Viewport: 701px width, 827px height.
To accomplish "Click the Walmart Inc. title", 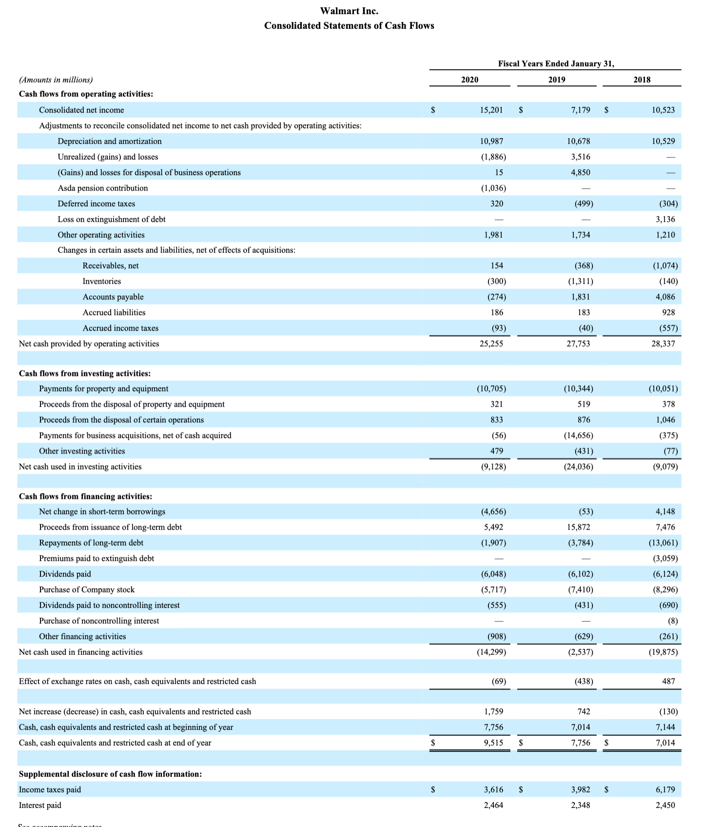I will click(349, 11).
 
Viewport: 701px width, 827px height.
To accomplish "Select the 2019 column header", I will click(556, 79).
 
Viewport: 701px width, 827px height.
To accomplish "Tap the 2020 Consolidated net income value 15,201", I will click(491, 110).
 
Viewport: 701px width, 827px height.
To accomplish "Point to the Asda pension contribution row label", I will click(102, 188).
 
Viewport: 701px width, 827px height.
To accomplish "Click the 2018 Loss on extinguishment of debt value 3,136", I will click(665, 219).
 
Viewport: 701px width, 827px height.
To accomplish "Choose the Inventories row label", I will click(101, 281).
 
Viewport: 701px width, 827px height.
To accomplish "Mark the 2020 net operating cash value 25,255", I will click(491, 344).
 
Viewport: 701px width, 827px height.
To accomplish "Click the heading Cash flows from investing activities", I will click(84, 374).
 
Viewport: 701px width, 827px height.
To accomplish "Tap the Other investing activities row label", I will click(82, 451).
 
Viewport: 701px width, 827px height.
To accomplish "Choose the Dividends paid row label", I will click(65, 574).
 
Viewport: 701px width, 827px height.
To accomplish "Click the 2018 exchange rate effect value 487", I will click(668, 681).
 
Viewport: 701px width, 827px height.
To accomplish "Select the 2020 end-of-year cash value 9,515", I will click(493, 743).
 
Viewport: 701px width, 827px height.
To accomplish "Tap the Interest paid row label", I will click(40, 805).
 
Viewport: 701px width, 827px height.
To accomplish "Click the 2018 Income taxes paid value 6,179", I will click(665, 789).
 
